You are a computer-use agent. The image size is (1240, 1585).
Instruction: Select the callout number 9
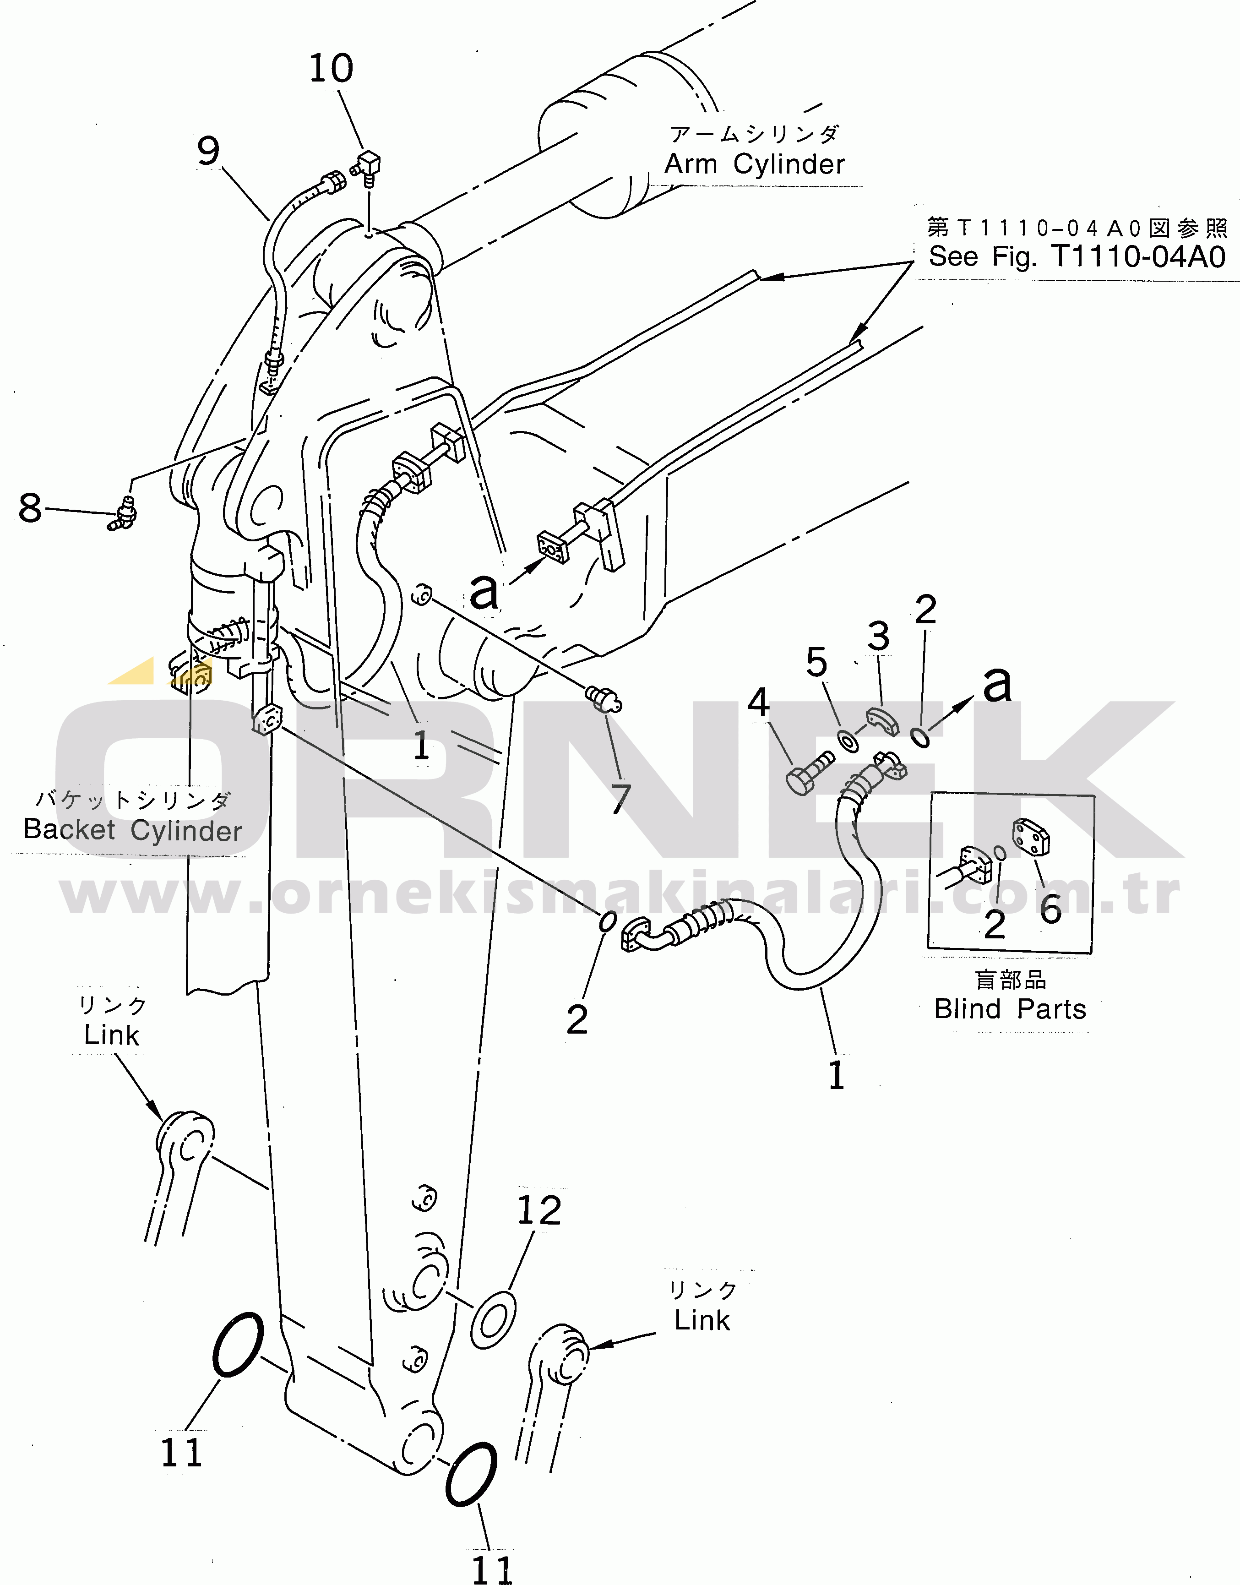[x=208, y=151]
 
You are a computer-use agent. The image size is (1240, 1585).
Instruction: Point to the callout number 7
[x=621, y=799]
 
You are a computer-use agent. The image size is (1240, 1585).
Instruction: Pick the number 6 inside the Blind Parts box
[x=1050, y=908]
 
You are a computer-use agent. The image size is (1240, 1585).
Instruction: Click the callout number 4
[x=759, y=702]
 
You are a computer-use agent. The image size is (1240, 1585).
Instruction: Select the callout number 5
[x=817, y=662]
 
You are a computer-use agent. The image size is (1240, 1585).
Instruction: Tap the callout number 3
[x=878, y=636]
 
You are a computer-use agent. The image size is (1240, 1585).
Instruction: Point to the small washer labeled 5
[x=847, y=741]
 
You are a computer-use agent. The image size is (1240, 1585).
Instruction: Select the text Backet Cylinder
[x=133, y=830]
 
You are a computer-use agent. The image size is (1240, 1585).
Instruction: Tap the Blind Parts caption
[x=1010, y=1008]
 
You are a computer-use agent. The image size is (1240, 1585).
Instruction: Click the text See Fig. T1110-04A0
[x=1077, y=256]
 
